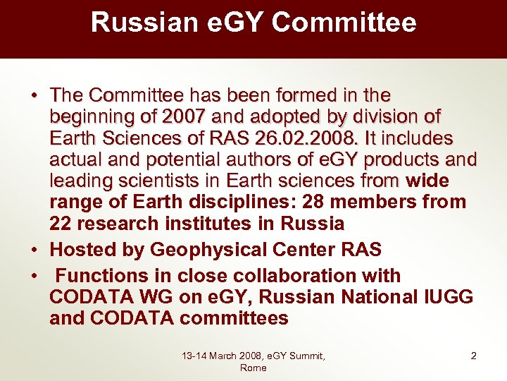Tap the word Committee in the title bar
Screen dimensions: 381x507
(344, 23)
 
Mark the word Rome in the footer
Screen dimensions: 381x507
(254, 368)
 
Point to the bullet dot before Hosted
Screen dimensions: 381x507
(35, 250)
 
